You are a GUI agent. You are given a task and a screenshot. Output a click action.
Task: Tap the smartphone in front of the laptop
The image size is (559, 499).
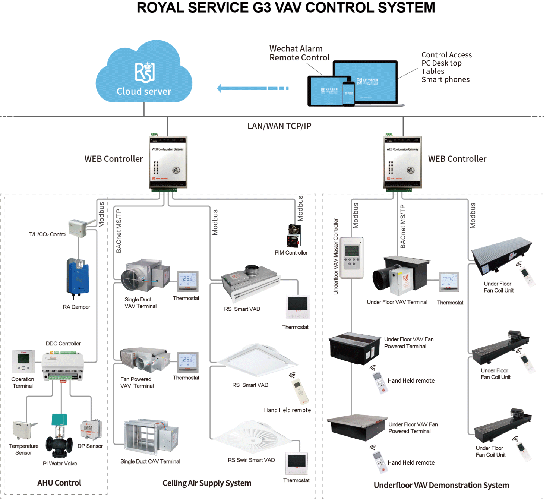(x=349, y=94)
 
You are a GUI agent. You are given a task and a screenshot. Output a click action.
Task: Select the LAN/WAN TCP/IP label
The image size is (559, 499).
(x=279, y=126)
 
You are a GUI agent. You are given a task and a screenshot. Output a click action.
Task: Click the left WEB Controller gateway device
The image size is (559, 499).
(x=168, y=162)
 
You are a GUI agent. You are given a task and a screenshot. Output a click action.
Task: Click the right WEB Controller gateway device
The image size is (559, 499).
(x=403, y=162)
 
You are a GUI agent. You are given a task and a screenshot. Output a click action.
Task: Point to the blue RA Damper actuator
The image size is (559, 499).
(x=78, y=278)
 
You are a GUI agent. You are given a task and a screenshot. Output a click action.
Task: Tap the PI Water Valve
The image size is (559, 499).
(x=59, y=436)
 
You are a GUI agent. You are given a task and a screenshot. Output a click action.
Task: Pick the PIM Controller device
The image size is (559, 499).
(x=294, y=236)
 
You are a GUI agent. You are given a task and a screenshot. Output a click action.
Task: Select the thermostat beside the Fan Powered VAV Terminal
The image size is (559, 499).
(x=187, y=362)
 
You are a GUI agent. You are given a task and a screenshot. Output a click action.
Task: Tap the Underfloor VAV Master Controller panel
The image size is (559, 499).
(x=351, y=257)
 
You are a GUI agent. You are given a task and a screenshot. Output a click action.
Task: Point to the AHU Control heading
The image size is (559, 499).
(x=59, y=483)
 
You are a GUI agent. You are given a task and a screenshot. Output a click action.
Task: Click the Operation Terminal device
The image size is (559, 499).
(x=23, y=361)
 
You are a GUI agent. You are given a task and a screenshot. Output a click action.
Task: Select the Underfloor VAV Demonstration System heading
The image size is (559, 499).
(x=441, y=485)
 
